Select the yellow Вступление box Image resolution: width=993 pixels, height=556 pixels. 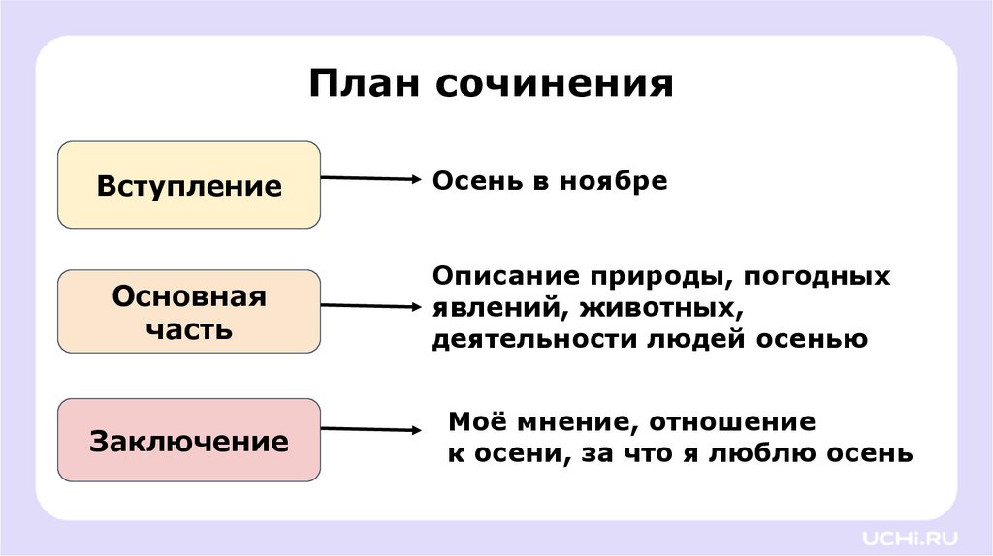(189, 185)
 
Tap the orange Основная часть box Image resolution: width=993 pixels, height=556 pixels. (189, 311)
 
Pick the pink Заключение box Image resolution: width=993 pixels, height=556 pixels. (189, 441)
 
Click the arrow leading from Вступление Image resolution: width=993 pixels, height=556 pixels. (368, 178)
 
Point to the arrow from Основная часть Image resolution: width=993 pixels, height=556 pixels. (368, 305)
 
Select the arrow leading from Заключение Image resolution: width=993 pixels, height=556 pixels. (368, 429)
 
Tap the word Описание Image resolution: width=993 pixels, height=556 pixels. (498, 277)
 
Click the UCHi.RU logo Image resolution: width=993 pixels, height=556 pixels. (909, 535)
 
